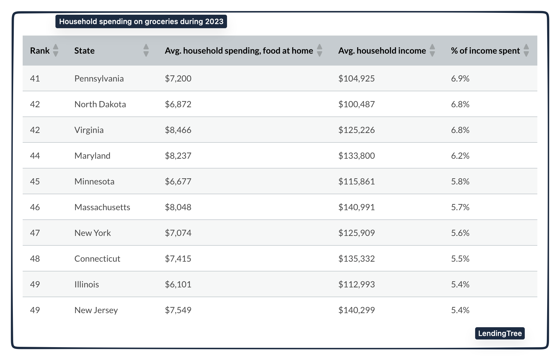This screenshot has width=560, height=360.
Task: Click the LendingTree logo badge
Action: [x=500, y=333]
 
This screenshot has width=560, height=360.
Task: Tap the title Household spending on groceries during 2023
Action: [x=141, y=21]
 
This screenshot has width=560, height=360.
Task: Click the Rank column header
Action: [x=40, y=51]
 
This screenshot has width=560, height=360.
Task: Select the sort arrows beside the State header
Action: [x=146, y=50]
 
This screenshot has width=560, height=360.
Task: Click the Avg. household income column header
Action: [x=382, y=51]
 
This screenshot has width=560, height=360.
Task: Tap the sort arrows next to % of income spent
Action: [x=526, y=50]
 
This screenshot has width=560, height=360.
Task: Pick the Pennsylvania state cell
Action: [x=99, y=78]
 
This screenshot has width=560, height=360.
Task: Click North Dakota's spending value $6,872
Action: [x=178, y=104]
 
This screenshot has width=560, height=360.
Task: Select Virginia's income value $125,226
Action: [x=356, y=130]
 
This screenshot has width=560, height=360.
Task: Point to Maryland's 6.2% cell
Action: [x=460, y=156]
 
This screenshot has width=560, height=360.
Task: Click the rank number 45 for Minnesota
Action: [x=35, y=181]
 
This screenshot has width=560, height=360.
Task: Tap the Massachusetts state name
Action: [x=102, y=207]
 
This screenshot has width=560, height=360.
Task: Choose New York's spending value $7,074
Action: [x=178, y=233]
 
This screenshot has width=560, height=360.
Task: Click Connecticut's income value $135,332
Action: [x=356, y=259]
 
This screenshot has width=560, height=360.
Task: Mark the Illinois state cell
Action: [x=87, y=284]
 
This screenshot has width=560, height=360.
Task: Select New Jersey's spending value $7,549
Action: [x=178, y=310]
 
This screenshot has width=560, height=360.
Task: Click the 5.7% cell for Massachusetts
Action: [x=460, y=207]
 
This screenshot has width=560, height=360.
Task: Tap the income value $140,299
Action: [x=356, y=310]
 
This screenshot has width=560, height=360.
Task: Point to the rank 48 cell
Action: [x=35, y=259]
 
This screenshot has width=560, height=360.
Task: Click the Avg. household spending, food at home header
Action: [x=239, y=51]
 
